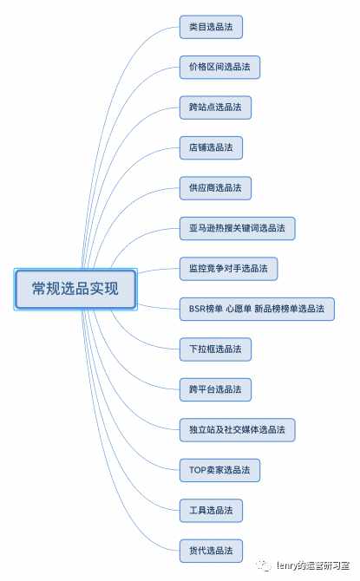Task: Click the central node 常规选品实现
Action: [75, 289]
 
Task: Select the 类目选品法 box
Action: [211, 27]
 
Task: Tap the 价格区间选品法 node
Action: [219, 67]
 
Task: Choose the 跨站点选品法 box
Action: [215, 108]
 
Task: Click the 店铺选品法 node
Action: [211, 147]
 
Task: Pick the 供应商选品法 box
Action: [215, 188]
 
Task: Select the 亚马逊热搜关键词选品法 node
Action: [238, 228]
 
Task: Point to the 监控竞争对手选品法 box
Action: [228, 269]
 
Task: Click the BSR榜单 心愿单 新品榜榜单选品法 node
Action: [257, 309]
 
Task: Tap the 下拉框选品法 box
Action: [215, 349]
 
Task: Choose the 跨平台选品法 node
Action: [215, 389]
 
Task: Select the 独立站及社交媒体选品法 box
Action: [238, 430]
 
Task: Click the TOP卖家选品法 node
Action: [219, 470]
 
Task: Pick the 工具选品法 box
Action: [211, 511]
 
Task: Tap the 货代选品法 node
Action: [211, 551]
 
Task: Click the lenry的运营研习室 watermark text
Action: [313, 565]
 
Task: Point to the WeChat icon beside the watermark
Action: [265, 565]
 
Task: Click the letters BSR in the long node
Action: [197, 309]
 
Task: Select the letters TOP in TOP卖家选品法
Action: [198, 470]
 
